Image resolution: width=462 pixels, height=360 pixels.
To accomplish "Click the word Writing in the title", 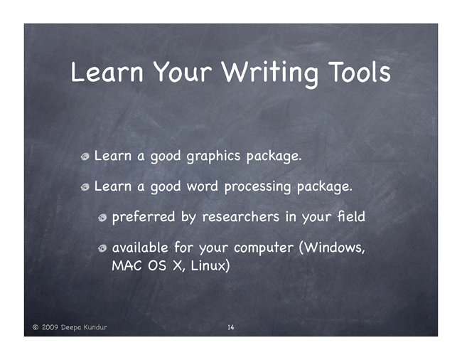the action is click(270, 73).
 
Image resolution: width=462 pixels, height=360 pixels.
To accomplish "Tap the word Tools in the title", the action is click(360, 72).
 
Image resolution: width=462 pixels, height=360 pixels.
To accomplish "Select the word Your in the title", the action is click(183, 72).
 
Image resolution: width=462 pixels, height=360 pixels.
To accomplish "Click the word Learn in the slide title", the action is click(107, 72).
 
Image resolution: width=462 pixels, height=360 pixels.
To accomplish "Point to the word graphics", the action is click(213, 157).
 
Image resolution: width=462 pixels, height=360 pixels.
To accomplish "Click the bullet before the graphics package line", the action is click(85, 157).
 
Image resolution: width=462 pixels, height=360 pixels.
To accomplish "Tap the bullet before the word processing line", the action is click(85, 187).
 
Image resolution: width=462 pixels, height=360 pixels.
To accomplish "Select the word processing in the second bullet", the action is click(257, 187).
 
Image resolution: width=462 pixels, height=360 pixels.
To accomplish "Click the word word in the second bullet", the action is click(202, 186).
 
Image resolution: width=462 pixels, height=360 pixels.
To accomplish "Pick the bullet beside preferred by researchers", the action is click(102, 218).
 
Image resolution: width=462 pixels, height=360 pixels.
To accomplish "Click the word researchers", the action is click(240, 217).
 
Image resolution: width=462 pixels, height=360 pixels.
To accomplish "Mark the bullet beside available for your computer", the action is click(102, 248).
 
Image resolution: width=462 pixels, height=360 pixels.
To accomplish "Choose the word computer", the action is click(264, 248).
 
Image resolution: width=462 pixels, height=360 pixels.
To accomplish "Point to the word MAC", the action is click(127, 265).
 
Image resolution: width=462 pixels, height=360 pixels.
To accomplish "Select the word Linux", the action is click(208, 265).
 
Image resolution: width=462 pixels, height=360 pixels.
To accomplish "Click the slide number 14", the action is click(231, 327).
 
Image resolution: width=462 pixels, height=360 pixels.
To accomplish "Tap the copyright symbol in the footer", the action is click(36, 327).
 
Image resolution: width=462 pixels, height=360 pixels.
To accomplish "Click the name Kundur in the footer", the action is click(95, 327).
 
